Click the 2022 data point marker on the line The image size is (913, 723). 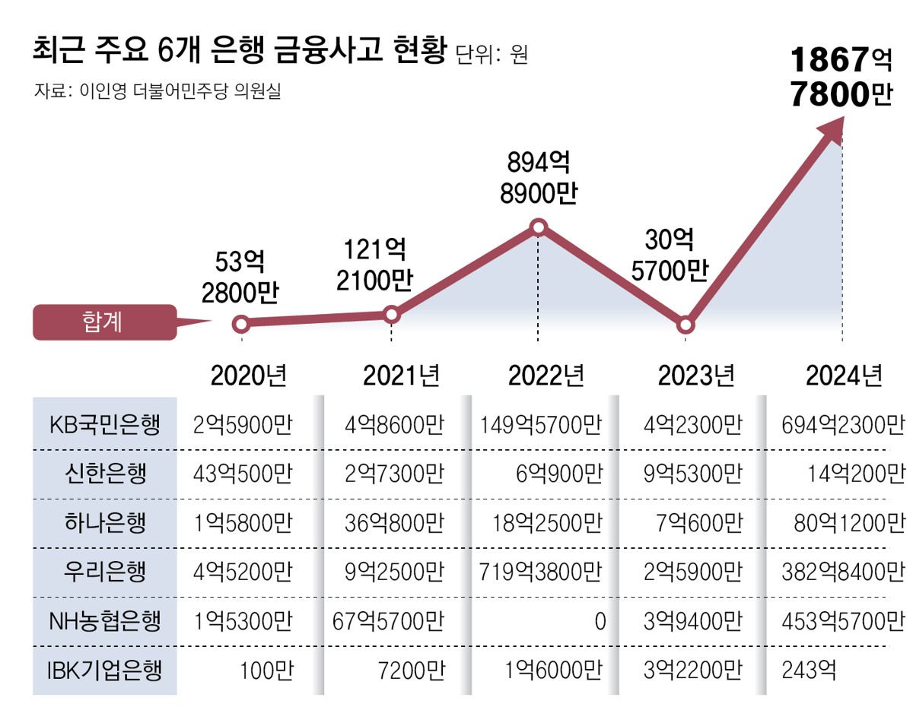tap(539, 227)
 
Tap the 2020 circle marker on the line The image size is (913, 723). tap(240, 325)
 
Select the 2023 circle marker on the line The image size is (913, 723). tap(686, 325)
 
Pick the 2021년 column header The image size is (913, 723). tap(401, 375)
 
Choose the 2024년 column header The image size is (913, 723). tap(845, 375)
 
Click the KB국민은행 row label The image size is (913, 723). tap(105, 424)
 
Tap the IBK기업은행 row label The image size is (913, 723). tap(105, 670)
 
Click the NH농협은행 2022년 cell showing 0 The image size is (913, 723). tap(600, 621)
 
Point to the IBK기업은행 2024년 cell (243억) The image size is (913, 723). tap(809, 670)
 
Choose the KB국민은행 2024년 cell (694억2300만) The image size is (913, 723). tap(843, 424)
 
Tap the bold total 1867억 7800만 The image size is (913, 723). tap(840, 78)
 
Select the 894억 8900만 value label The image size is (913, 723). tap(538, 177)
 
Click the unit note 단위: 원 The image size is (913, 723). tap(491, 55)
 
